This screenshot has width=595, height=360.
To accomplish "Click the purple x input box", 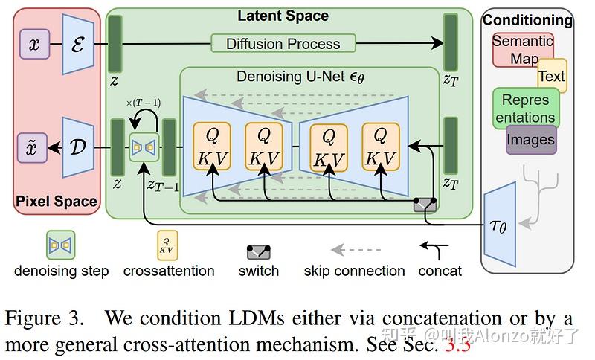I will [x=33, y=45].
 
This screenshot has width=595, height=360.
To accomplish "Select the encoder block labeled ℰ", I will [x=77, y=45].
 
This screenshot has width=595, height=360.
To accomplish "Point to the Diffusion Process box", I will [x=283, y=44].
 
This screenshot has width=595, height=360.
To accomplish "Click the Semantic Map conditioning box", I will [x=521, y=49].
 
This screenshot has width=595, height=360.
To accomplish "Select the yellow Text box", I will [x=551, y=76].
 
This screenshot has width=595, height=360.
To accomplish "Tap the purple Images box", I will [x=530, y=139].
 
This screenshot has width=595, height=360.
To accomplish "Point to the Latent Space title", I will [x=282, y=16].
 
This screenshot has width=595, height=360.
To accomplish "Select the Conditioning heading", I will [x=528, y=20].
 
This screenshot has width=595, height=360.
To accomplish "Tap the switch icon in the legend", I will [x=259, y=252].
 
